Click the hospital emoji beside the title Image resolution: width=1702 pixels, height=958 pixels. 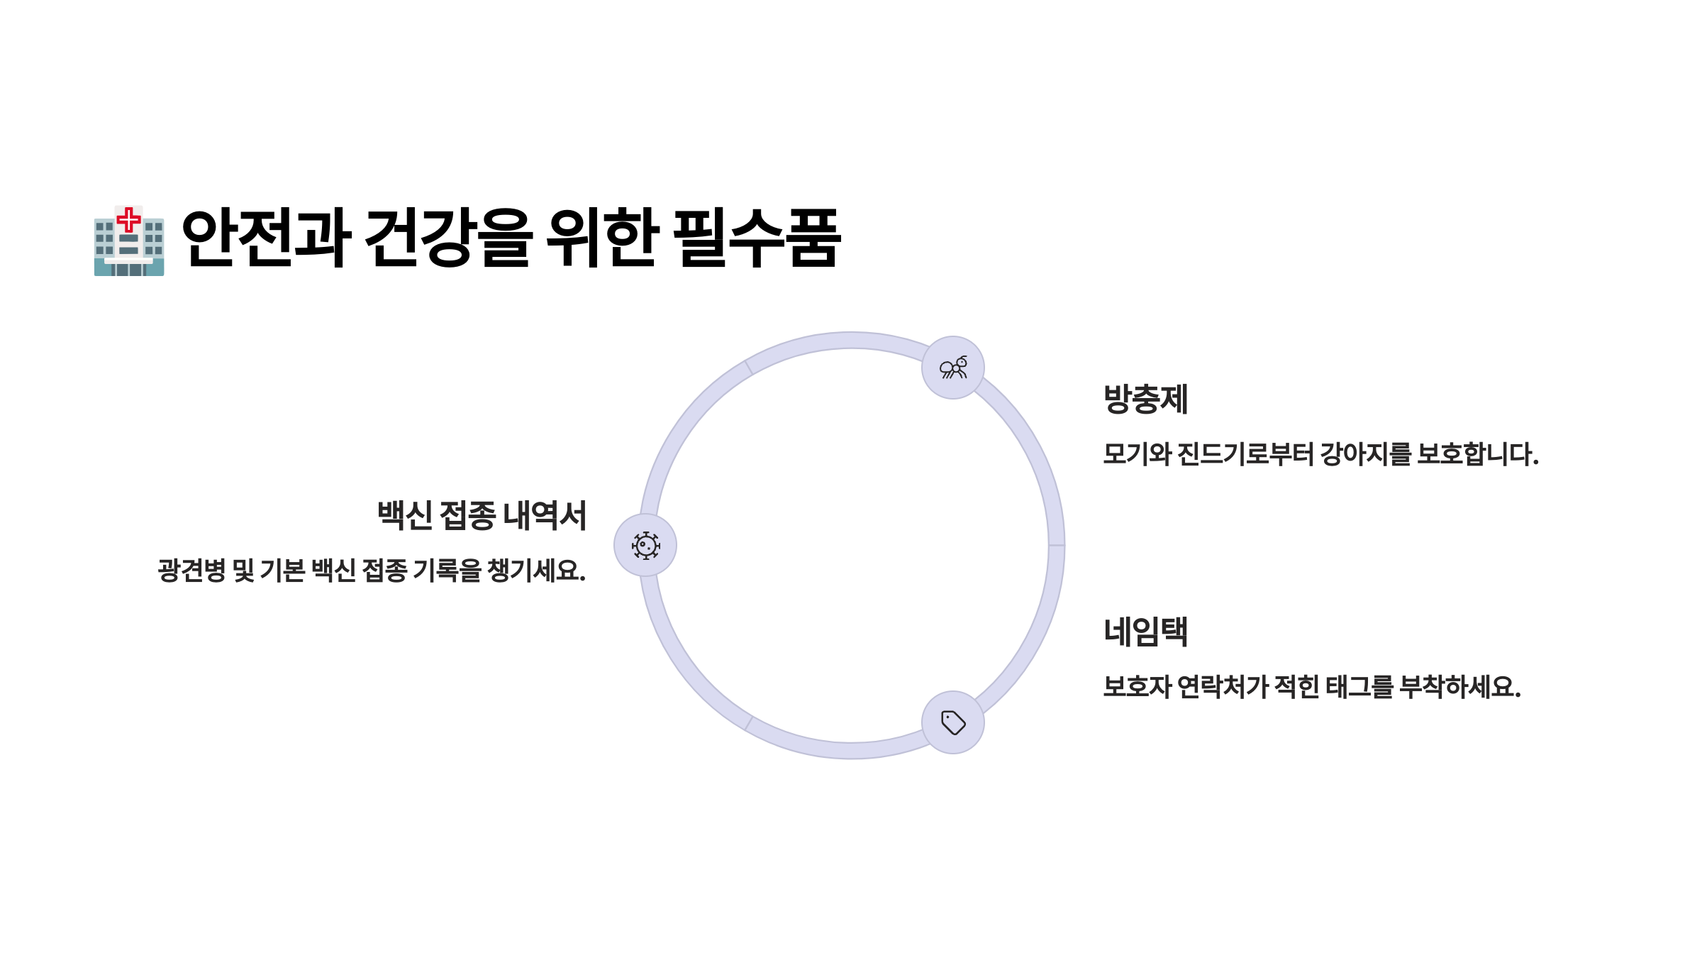[x=129, y=241]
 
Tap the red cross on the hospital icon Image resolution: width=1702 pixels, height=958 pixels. [x=128, y=219]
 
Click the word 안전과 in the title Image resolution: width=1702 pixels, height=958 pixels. [x=266, y=238]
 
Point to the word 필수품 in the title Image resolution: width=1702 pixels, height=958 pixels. [x=757, y=238]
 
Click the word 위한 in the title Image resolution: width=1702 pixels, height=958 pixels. [x=602, y=238]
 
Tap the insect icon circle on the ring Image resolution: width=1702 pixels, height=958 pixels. [x=952, y=368]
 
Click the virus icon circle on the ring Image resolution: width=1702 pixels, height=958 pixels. [x=645, y=545]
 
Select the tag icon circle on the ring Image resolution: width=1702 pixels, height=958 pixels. [x=952, y=722]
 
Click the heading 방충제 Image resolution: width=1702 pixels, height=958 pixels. [x=1145, y=399]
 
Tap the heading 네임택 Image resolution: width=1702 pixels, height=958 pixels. [x=1145, y=632]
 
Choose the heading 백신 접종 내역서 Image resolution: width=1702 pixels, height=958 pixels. [x=482, y=515]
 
